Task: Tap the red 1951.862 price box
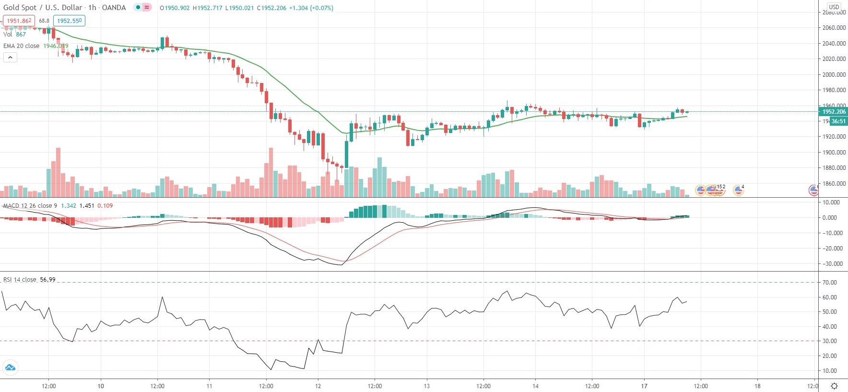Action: point(19,21)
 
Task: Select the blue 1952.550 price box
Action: point(69,21)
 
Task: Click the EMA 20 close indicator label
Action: point(22,46)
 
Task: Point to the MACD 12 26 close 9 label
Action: point(30,205)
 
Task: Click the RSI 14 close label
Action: point(20,279)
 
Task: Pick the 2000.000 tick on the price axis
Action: point(834,74)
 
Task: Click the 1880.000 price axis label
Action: point(834,168)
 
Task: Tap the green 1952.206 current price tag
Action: point(834,112)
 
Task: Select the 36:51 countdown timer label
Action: point(838,121)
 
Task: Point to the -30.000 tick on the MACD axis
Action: point(833,264)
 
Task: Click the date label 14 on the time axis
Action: point(535,386)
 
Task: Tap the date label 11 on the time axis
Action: point(209,386)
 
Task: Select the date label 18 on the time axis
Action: point(757,386)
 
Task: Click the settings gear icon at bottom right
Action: point(834,386)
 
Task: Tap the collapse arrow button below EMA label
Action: point(10,58)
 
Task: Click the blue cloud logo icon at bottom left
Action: point(10,368)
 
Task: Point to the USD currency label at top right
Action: point(834,7)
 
